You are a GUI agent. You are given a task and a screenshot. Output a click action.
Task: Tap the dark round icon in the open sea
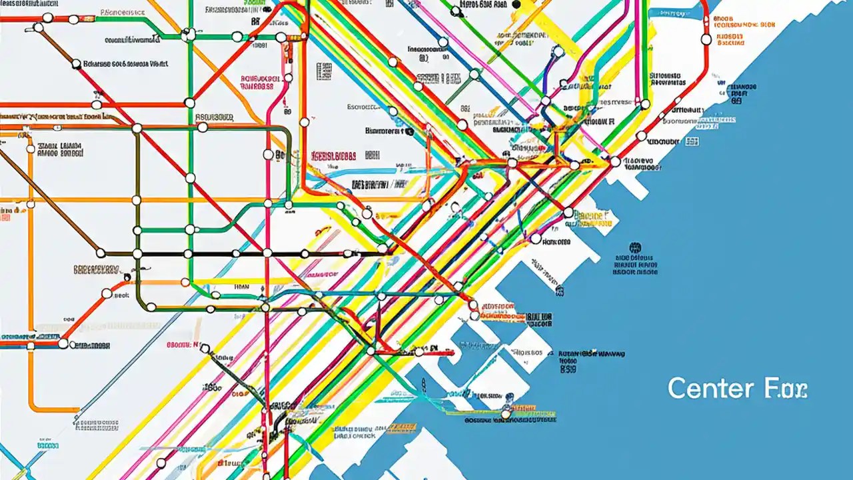click(634, 246)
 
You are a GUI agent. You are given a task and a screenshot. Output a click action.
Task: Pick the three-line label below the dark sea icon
click(634, 264)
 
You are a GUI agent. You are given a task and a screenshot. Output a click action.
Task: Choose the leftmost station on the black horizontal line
click(101, 253)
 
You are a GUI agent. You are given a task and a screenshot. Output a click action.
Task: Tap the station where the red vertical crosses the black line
click(267, 253)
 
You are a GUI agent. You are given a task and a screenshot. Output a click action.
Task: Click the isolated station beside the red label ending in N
click(205, 348)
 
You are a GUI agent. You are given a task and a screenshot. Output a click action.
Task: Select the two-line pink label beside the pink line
click(257, 81)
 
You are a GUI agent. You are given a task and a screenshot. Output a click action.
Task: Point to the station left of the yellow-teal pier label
click(568, 213)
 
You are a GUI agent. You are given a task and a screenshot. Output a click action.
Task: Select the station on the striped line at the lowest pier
click(506, 414)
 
